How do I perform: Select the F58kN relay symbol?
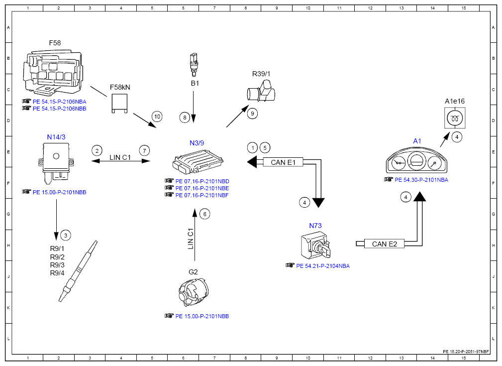coord(119,103)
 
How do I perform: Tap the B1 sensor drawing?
coord(194,65)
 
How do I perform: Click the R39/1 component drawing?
coord(261,91)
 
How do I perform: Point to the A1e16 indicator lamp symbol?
coord(455,118)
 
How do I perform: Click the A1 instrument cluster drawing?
coord(416,160)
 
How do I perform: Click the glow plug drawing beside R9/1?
coord(78,271)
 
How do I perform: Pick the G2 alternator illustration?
coord(194,292)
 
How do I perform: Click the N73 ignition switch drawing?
coord(315,245)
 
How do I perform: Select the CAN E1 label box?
coord(283,162)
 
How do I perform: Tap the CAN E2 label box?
coord(384,244)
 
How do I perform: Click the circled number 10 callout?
coord(157,117)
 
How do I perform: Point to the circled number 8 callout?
coord(185,118)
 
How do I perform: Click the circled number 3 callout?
coord(66,236)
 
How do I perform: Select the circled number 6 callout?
coord(205,214)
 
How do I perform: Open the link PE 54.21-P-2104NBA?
coord(323,266)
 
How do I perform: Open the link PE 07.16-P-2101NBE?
coord(202,188)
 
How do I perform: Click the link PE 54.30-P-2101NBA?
coord(421,180)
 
